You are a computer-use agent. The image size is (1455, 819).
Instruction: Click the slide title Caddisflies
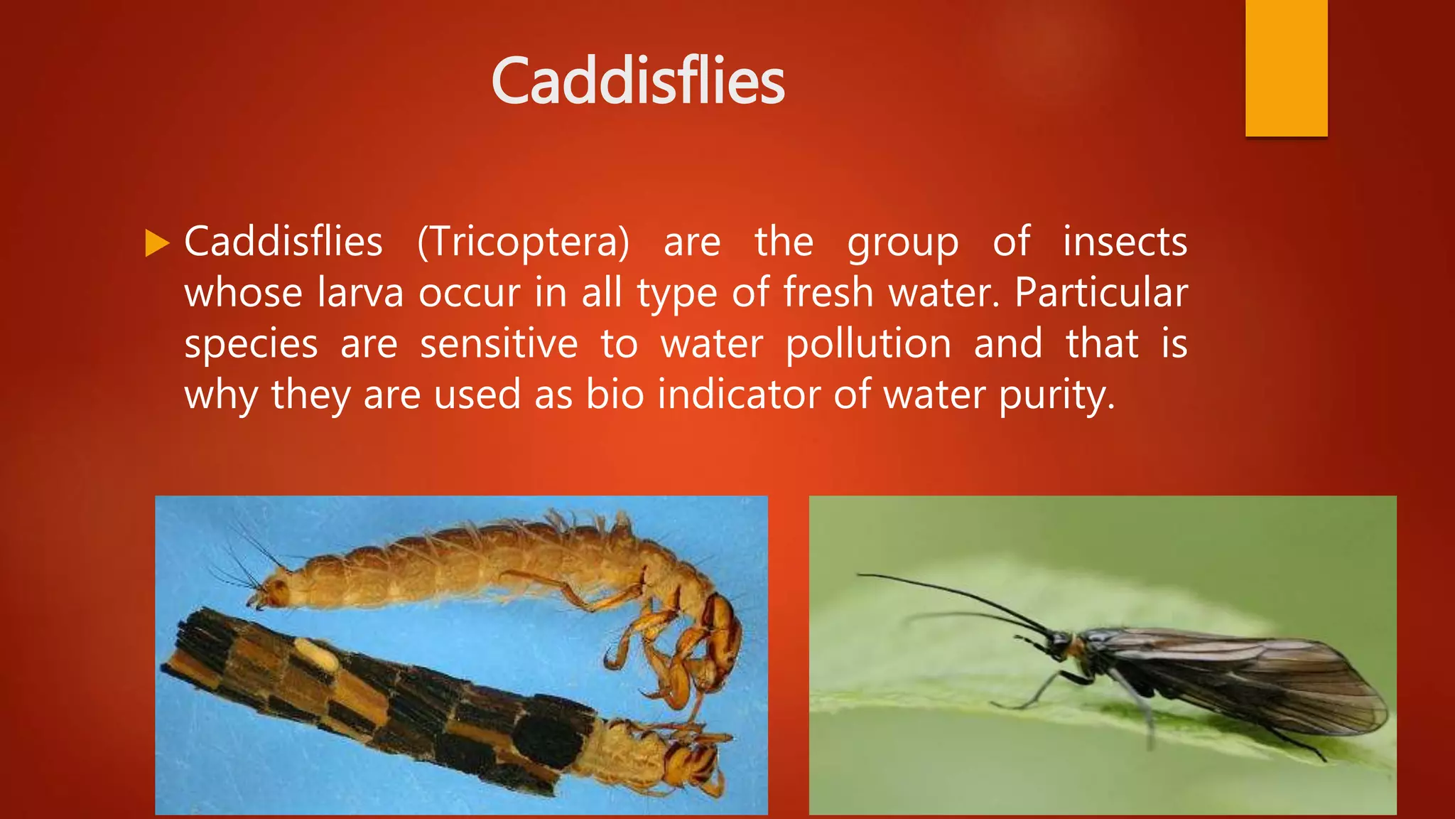coord(637,81)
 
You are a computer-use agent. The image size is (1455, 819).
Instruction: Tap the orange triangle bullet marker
coord(156,243)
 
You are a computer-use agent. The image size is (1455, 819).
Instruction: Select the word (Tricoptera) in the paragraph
coord(523,242)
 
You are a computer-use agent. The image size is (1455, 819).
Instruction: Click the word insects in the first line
coord(1125,242)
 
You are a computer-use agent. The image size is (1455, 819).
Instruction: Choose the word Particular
coord(1100,293)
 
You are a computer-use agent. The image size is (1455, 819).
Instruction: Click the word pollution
coord(868,344)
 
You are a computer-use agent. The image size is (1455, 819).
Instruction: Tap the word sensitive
coord(499,344)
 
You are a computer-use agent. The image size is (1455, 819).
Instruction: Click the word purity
coord(1056,396)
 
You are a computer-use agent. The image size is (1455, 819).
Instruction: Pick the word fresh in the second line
coord(828,293)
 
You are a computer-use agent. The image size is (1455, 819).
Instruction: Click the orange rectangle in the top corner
coord(1286,68)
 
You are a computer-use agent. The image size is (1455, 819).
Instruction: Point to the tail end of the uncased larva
coord(270,590)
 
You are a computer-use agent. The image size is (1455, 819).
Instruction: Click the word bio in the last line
coord(615,395)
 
